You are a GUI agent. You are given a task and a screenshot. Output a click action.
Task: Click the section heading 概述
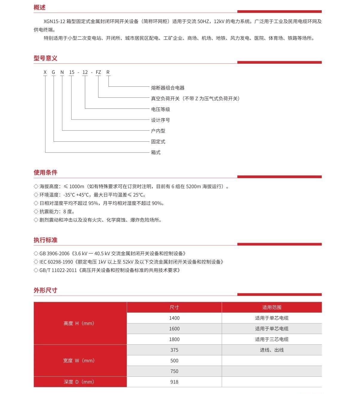pyautogui.click(x=39, y=7)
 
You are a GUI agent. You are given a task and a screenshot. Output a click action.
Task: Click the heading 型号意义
pyautogui.click(x=45, y=58)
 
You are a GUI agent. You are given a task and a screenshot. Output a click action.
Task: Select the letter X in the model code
pyautogui.click(x=45, y=72)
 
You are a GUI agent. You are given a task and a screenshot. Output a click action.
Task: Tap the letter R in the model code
pyautogui.click(x=108, y=72)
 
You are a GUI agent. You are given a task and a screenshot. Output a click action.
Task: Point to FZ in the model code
pyautogui.click(x=98, y=72)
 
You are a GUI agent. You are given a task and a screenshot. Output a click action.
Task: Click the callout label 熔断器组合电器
pyautogui.click(x=168, y=88)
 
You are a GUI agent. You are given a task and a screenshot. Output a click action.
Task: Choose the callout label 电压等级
pyautogui.click(x=161, y=109)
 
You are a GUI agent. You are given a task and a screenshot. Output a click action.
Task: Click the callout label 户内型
pyautogui.click(x=158, y=131)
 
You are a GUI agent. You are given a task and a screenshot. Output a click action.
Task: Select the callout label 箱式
pyautogui.click(x=156, y=152)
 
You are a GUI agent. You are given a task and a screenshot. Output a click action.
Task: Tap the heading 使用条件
pyautogui.click(x=45, y=172)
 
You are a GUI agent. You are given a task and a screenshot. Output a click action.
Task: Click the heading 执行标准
pyautogui.click(x=45, y=240)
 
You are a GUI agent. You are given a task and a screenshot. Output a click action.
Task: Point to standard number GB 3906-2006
pyautogui.click(x=54, y=253)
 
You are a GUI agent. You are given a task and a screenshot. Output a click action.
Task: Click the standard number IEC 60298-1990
pyautogui.click(x=56, y=262)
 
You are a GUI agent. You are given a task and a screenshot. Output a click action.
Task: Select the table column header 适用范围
pyautogui.click(x=271, y=307)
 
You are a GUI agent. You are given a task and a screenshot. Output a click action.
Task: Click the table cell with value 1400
pyautogui.click(x=174, y=318)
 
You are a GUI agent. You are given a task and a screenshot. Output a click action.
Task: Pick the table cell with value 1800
pyautogui.click(x=174, y=339)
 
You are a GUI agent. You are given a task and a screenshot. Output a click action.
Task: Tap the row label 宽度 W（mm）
pyautogui.click(x=79, y=361)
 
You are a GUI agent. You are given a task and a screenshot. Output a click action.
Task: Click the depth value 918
pyautogui.click(x=174, y=382)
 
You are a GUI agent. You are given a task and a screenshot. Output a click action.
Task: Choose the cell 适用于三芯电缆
pyautogui.click(x=271, y=339)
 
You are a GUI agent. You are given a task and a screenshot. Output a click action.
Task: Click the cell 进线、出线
pyautogui.click(x=271, y=350)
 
